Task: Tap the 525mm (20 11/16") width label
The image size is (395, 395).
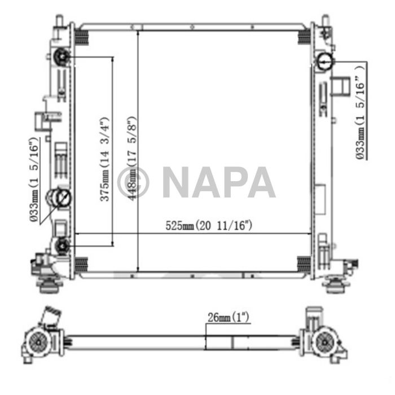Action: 208,226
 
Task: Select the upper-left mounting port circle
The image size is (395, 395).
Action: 62,56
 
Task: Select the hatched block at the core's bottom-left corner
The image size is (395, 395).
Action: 81,263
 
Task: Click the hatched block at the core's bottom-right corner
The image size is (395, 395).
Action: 304,263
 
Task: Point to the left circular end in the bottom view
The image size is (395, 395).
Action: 38,341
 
